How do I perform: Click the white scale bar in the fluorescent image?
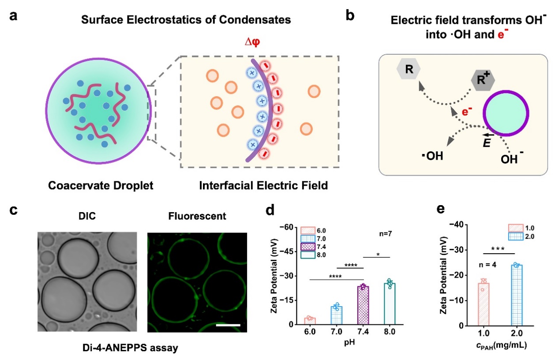[x=228, y=325]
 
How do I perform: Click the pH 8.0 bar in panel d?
[x=390, y=304]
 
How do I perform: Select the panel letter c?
[x=14, y=210]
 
